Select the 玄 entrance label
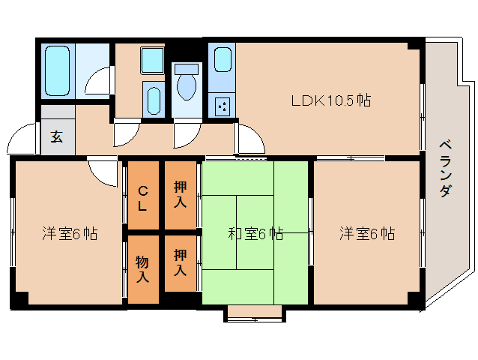57,136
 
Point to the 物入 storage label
142,268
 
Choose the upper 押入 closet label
180,195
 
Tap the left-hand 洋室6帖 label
69,233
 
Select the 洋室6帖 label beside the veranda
366,233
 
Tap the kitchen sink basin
222,59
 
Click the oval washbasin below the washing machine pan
153,100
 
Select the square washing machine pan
153,61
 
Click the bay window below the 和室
255,313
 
